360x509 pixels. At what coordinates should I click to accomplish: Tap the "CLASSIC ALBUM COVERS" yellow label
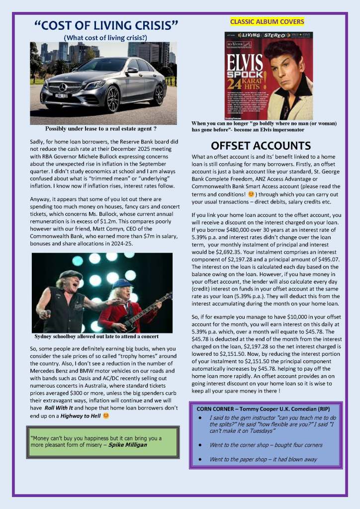[267, 21]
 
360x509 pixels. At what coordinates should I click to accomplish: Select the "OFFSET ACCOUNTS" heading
[261, 146]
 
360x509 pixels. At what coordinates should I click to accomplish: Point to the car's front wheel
[112, 99]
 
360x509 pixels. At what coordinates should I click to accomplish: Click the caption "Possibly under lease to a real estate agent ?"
[101, 128]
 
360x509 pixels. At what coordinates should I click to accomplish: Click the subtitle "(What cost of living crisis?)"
[105, 37]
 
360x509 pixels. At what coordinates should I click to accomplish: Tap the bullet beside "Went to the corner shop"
[199, 445]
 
